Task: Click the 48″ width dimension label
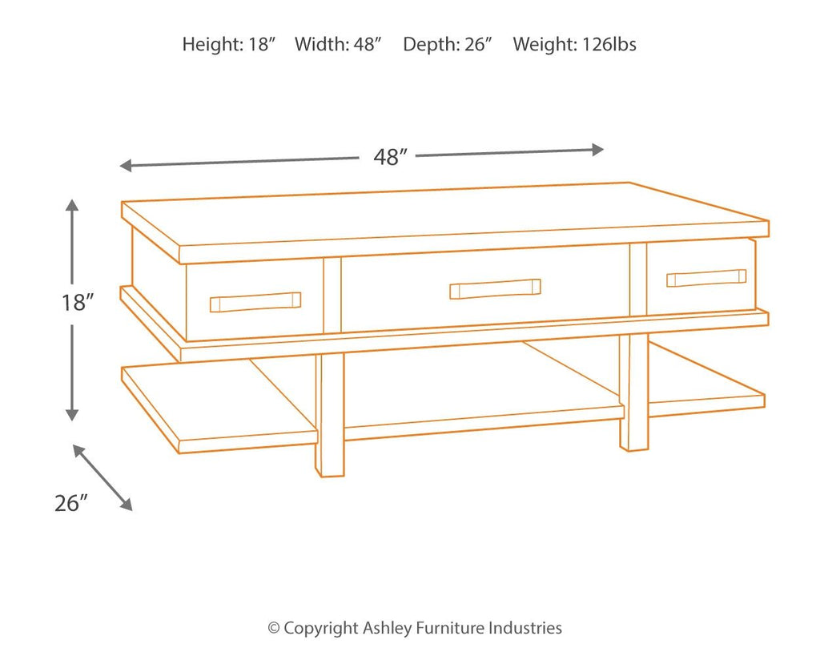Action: click(x=390, y=156)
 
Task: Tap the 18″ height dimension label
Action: click(x=78, y=302)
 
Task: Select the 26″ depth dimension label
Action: click(x=70, y=503)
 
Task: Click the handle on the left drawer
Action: click(x=255, y=302)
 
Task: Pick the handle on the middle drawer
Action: click(x=495, y=288)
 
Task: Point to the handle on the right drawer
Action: click(x=706, y=278)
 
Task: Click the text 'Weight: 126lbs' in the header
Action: click(x=574, y=44)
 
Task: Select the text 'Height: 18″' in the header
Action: click(x=228, y=44)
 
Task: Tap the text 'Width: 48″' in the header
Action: click(x=338, y=44)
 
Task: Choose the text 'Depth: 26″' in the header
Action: click(x=448, y=44)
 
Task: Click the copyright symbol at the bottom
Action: click(x=274, y=628)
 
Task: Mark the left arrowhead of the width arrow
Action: click(x=126, y=166)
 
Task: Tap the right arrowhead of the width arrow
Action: click(x=597, y=150)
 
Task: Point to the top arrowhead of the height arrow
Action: click(x=72, y=204)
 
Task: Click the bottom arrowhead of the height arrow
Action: click(x=72, y=415)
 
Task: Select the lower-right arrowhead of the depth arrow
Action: click(x=127, y=505)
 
